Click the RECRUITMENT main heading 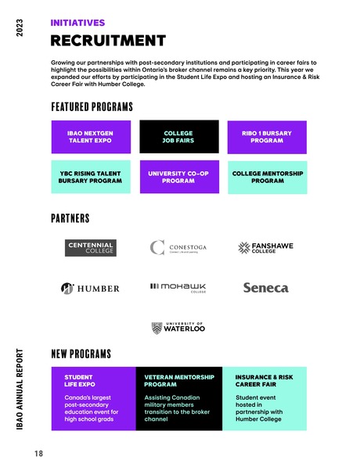[x=108, y=41]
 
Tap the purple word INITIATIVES [x=77, y=23]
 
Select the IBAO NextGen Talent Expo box [x=90, y=137]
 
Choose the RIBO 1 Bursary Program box [x=266, y=137]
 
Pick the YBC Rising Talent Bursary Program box [x=90, y=177]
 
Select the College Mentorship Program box [x=266, y=177]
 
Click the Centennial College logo [x=91, y=248]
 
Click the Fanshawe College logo [x=265, y=248]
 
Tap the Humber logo [x=91, y=288]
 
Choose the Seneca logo [x=265, y=288]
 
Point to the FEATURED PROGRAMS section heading [x=92, y=106]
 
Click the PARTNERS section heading [x=70, y=218]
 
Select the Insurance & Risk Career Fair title [x=265, y=380]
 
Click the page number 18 [x=38, y=453]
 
